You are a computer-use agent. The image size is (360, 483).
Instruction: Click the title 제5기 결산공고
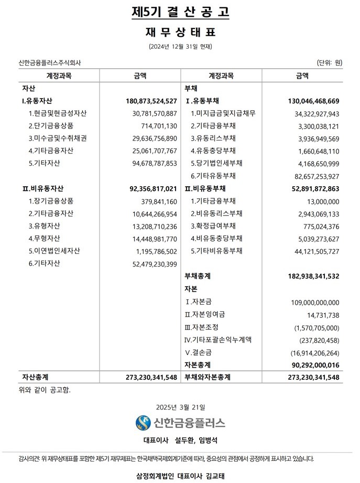tap(180, 12)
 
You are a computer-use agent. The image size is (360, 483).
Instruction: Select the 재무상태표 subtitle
tap(180, 32)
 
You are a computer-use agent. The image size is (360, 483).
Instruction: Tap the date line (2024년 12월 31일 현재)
tap(180, 47)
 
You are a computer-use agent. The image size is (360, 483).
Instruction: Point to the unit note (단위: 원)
tap(330, 63)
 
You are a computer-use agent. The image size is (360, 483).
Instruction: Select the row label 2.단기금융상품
tap(51, 126)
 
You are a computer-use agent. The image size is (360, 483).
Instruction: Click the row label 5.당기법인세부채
tap(216, 163)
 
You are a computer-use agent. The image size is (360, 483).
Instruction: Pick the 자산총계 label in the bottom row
tap(36, 377)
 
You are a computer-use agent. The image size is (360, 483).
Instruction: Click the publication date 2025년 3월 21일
tap(180, 406)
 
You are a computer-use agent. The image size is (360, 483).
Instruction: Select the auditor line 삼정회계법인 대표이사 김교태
tap(180, 476)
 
